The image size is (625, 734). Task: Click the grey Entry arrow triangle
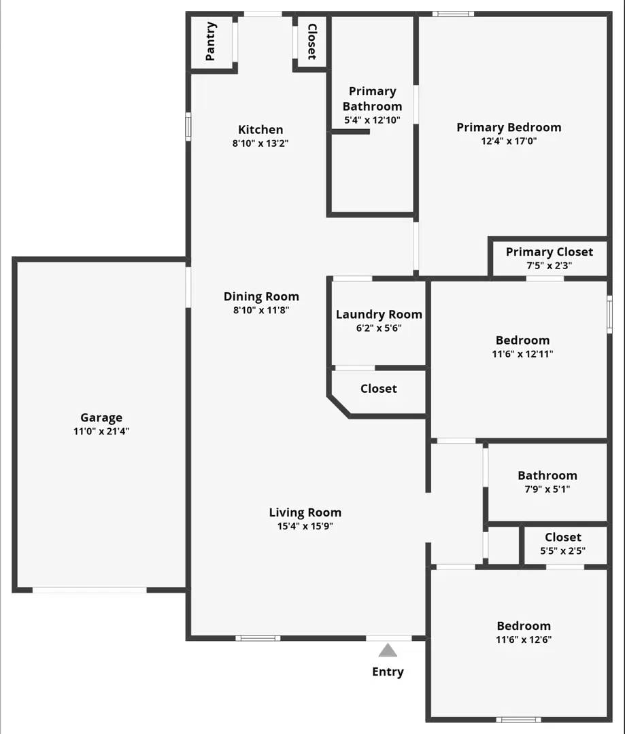[388, 651]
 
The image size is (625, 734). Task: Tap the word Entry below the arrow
[388, 672]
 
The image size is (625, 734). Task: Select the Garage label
[101, 418]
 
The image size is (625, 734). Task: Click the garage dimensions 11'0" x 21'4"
[101, 431]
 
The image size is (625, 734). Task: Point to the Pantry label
[211, 41]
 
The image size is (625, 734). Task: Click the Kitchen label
[260, 130]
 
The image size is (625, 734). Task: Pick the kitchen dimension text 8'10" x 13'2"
[260, 143]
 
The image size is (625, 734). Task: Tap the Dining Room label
[261, 296]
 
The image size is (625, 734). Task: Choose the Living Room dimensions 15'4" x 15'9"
[305, 526]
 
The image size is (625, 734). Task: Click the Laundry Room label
[379, 315]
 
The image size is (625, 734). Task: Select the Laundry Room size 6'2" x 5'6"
[379, 328]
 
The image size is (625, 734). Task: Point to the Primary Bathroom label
[372, 99]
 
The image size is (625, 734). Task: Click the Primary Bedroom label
[509, 127]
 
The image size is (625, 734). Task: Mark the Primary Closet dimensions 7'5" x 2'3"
[550, 266]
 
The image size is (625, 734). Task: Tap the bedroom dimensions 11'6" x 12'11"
[522, 354]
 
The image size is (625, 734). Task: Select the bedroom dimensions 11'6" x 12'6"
[524, 640]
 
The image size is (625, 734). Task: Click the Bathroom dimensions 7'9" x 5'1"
[547, 489]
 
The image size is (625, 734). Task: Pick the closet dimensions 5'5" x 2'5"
[563, 550]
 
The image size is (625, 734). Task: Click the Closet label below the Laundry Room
[379, 389]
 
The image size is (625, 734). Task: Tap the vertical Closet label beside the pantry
[311, 41]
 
